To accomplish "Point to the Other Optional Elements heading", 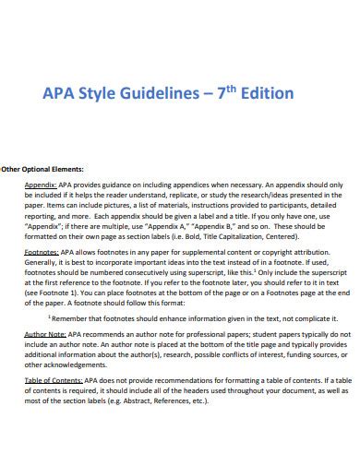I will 42,169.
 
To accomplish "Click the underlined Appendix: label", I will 42,185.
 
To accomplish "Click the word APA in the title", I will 58,95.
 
